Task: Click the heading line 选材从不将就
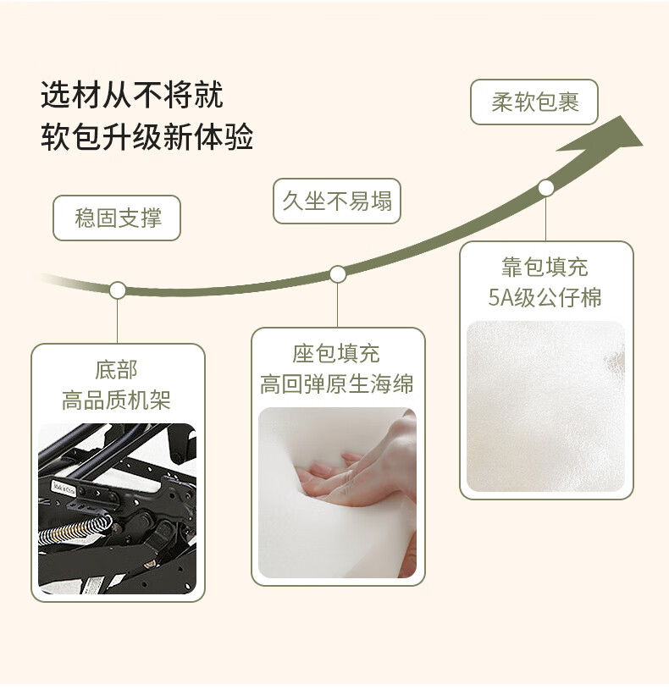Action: [132, 95]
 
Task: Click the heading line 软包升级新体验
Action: [147, 137]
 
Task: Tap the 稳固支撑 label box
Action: [117, 218]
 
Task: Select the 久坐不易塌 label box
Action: [337, 201]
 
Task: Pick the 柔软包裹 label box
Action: [534, 102]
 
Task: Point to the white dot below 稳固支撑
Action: [118, 290]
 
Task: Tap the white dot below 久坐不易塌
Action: [338, 274]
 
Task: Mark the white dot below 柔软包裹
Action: [546, 188]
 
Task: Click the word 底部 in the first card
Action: [117, 370]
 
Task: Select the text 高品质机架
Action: [117, 400]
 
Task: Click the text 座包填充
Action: [337, 353]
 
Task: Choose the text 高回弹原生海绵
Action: [337, 384]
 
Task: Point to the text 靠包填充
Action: [545, 268]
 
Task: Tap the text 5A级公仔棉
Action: [545, 297]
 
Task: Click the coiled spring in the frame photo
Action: [75, 530]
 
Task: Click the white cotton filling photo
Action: [545, 406]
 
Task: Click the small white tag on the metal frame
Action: [64, 488]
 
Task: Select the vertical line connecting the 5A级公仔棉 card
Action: [546, 218]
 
